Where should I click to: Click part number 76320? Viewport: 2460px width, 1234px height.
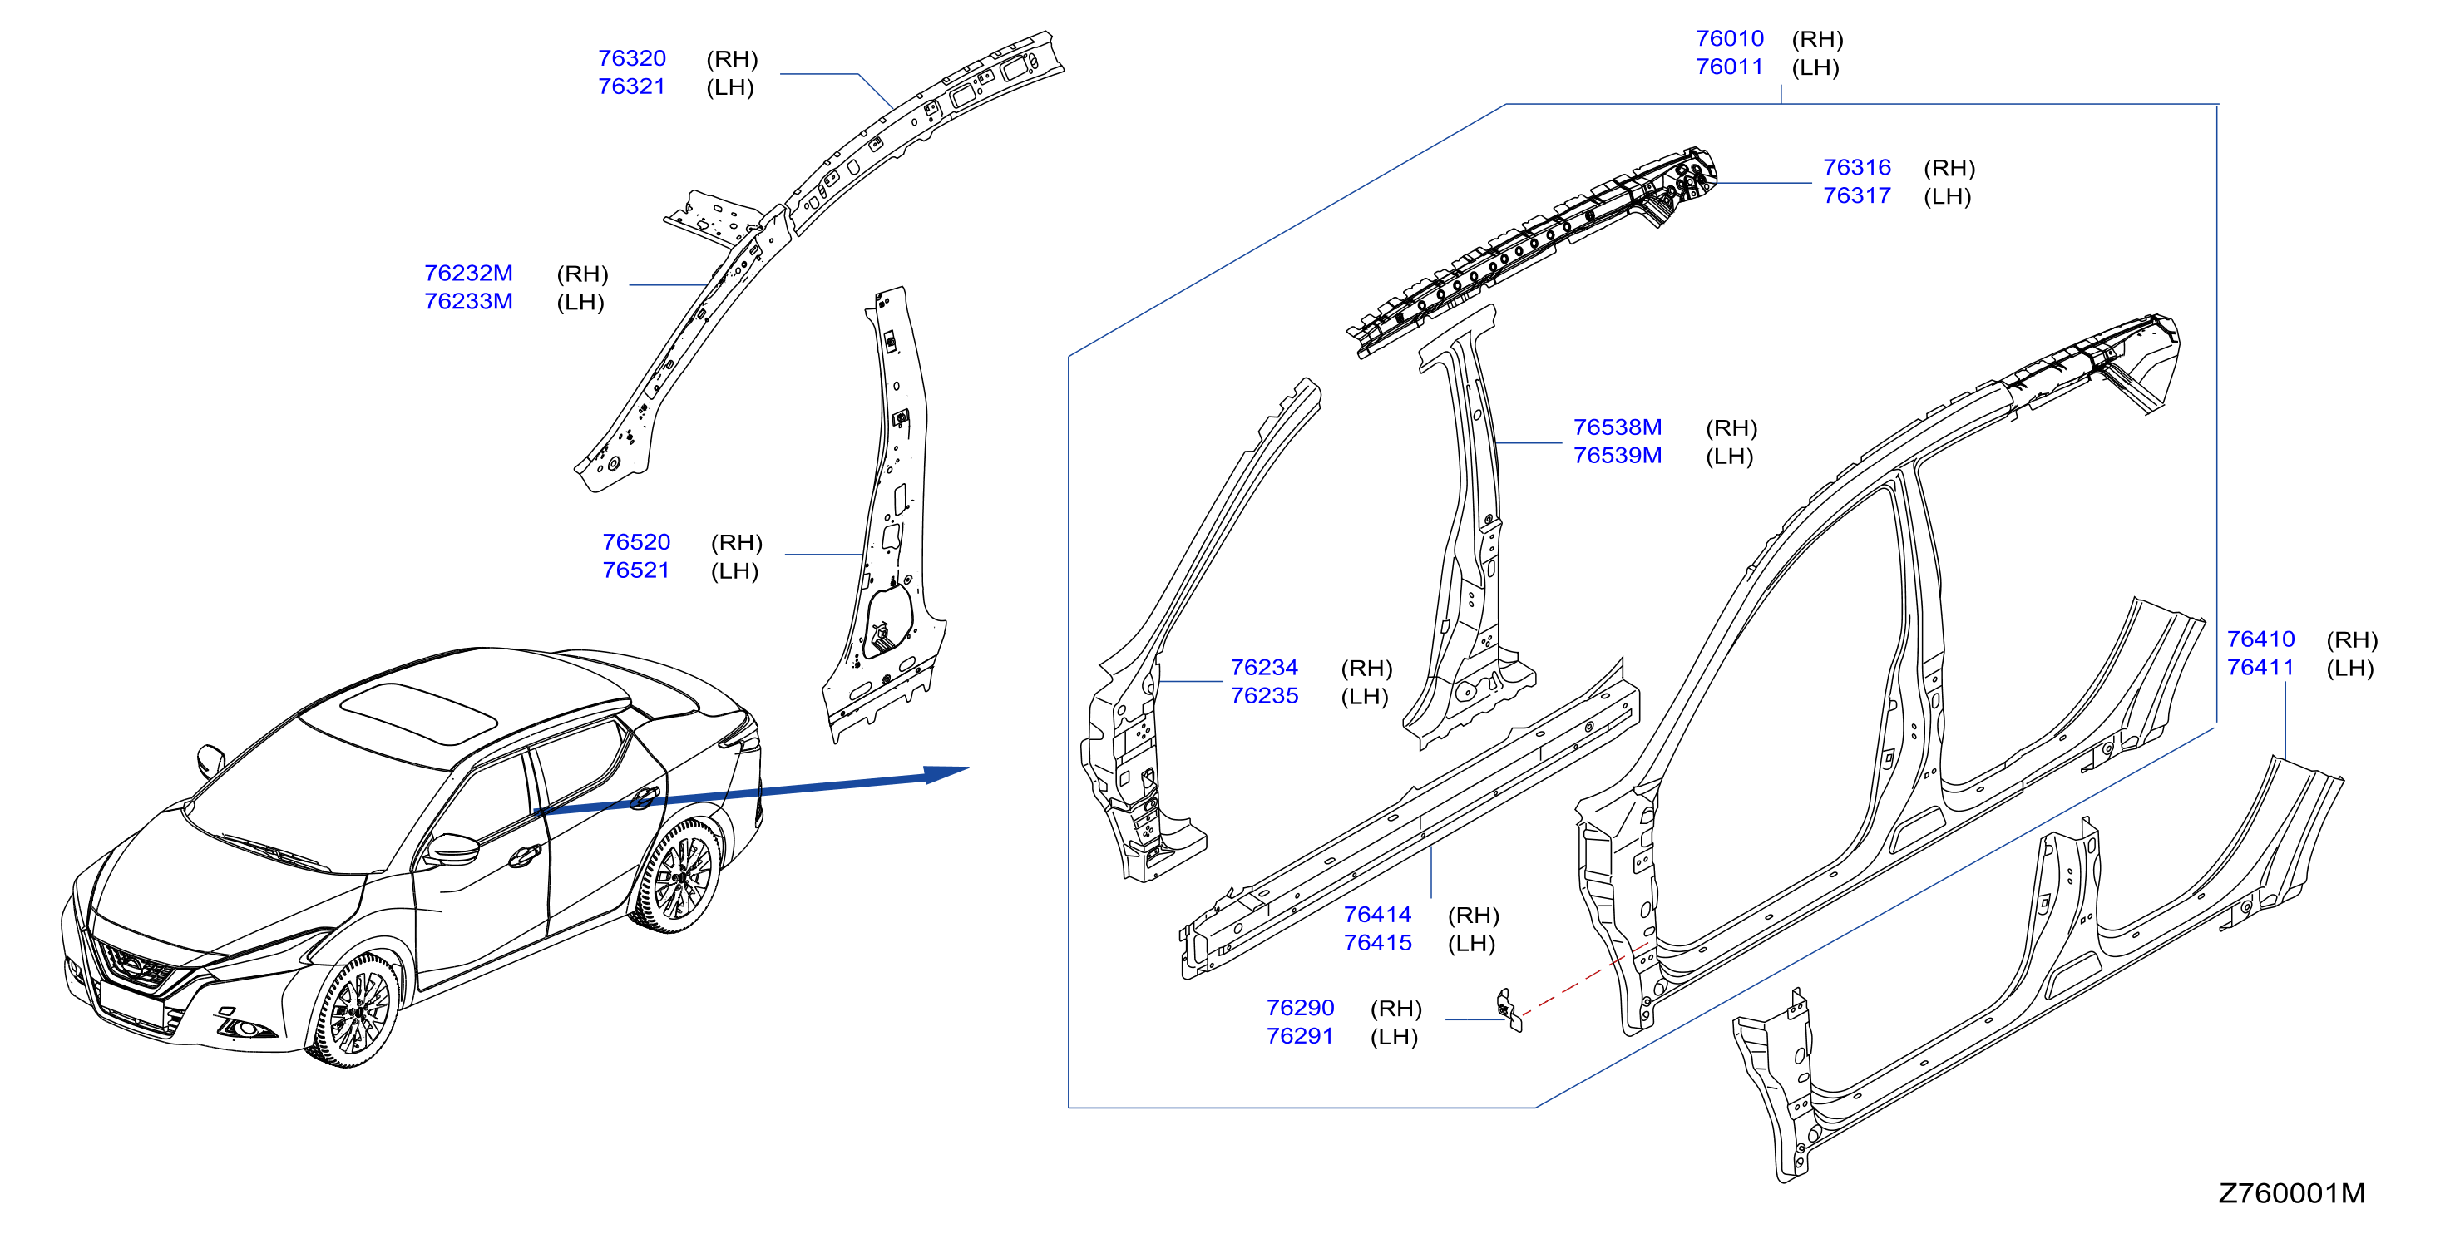(631, 58)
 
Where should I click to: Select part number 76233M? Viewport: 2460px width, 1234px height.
(468, 301)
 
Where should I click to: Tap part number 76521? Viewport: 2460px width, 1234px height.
(636, 570)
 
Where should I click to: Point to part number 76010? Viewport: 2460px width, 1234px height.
(1730, 38)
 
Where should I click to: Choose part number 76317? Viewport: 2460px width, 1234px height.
(1856, 195)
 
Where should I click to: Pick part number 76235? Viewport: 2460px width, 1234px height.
(1263, 695)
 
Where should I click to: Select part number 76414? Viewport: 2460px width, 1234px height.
(1377, 914)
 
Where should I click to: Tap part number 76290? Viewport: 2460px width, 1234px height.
(1300, 1008)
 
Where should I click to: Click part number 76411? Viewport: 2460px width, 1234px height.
(2260, 667)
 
